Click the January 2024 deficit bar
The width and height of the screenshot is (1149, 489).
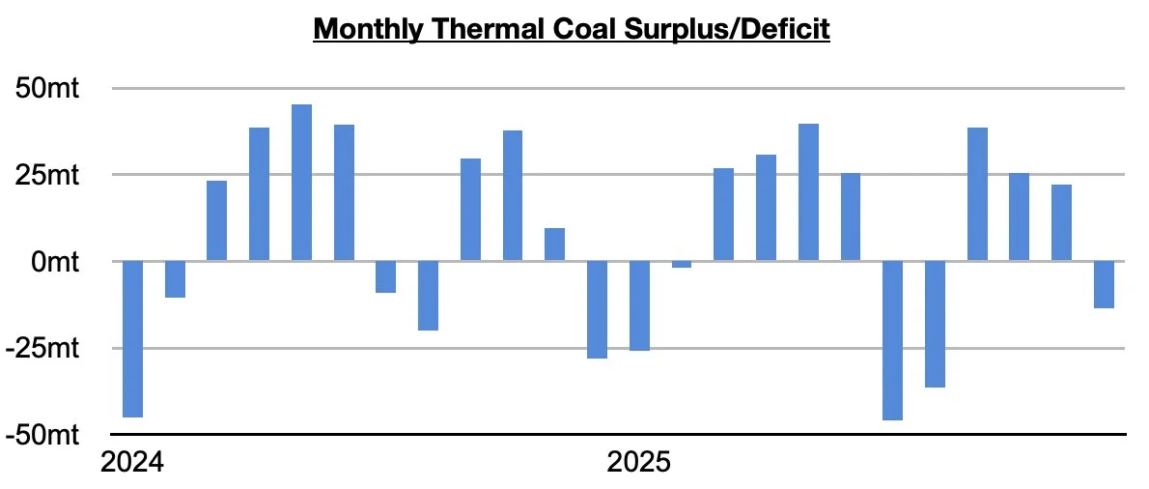[132, 338]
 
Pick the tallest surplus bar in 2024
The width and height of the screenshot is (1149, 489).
[301, 183]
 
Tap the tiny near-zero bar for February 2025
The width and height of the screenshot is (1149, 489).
[682, 264]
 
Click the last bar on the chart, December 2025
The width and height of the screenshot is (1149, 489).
[1104, 284]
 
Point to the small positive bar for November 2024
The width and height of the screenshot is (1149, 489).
[554, 244]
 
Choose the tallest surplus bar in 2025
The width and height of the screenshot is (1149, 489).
[808, 192]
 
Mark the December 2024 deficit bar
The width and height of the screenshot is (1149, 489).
[597, 309]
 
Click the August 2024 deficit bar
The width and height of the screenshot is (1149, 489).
[428, 296]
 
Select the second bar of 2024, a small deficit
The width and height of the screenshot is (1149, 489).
[175, 279]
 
